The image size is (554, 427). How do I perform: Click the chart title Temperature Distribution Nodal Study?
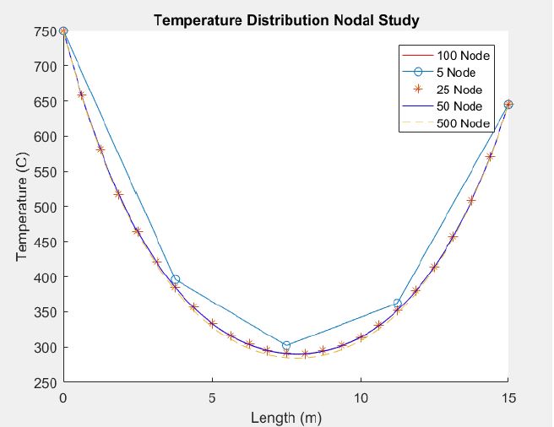(x=285, y=19)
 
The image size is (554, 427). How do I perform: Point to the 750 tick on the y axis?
(x=46, y=31)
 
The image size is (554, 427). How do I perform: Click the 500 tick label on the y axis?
(x=46, y=207)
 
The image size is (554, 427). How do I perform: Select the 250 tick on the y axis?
(x=46, y=383)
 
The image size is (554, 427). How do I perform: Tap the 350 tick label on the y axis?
(x=46, y=312)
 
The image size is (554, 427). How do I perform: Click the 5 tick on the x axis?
(x=212, y=397)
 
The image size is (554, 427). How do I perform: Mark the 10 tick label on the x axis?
(x=361, y=397)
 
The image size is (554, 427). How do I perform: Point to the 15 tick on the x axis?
(x=508, y=397)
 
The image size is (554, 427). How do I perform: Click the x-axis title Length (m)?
(x=285, y=416)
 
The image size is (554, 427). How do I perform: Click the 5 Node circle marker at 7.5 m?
(x=286, y=345)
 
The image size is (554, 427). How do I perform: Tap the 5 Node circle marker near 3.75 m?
(x=175, y=279)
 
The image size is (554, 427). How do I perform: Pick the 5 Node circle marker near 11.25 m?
(x=397, y=303)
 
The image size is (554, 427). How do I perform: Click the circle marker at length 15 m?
(x=508, y=105)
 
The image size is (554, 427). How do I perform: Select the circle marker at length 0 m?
(x=63, y=31)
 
